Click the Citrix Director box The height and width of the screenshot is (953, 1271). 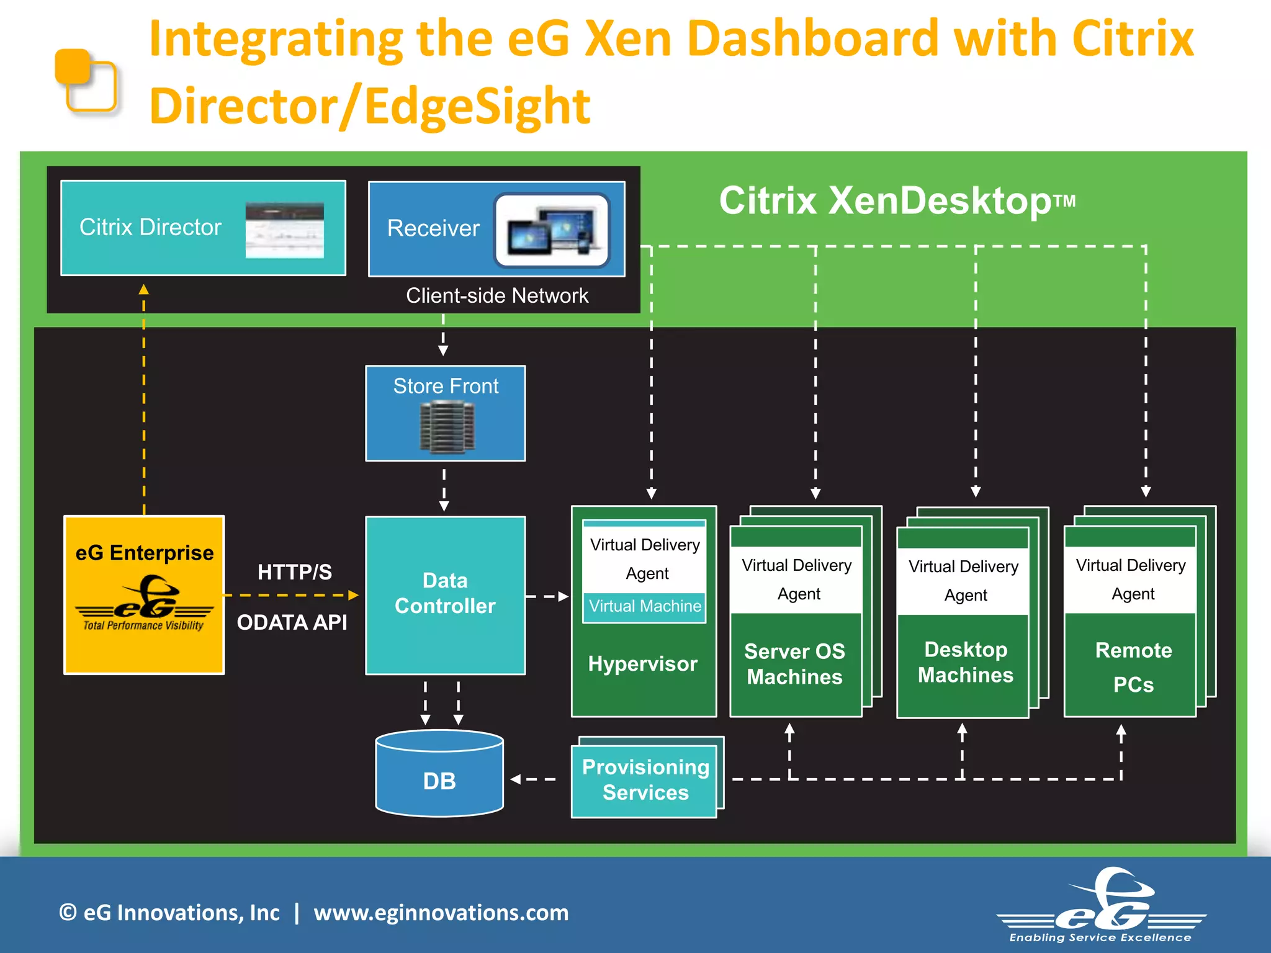pyautogui.click(x=203, y=228)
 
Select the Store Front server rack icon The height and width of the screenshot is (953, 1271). pyautogui.click(x=447, y=426)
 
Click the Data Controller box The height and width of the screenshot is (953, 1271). pyautogui.click(x=445, y=594)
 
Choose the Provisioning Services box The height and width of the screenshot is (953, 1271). pyautogui.click(x=645, y=779)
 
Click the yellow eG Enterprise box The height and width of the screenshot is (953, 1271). pyautogui.click(x=144, y=594)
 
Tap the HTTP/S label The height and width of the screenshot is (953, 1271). pyautogui.click(x=295, y=572)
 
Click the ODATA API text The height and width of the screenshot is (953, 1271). pyautogui.click(x=292, y=622)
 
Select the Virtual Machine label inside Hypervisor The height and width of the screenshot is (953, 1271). pyautogui.click(x=645, y=606)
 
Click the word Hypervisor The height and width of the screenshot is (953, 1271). pyautogui.click(x=643, y=664)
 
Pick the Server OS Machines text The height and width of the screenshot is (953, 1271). pyautogui.click(x=794, y=664)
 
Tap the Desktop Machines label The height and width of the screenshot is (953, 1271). pyautogui.click(x=965, y=662)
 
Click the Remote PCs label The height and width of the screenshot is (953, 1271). pyautogui.click(x=1133, y=667)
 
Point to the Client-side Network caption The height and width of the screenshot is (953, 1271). pyautogui.click(x=496, y=296)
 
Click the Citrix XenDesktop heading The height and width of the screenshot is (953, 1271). pyautogui.click(x=896, y=201)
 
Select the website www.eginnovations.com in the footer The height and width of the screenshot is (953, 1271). pyautogui.click(x=441, y=913)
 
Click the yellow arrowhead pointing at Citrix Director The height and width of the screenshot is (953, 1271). pyautogui.click(x=144, y=289)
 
